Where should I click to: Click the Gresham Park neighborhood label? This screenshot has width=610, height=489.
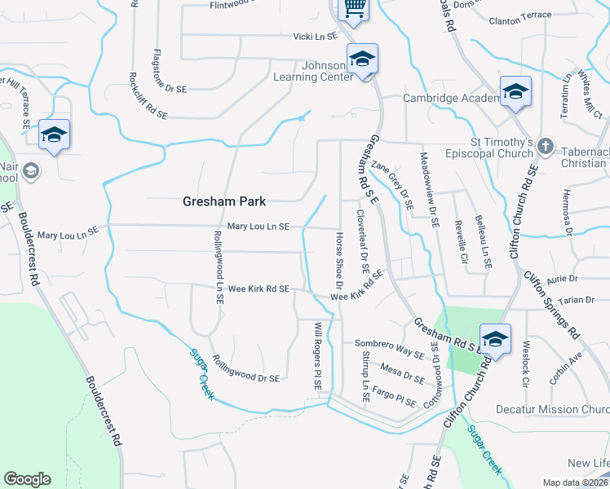(x=223, y=201)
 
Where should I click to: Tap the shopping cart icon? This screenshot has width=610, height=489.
(x=354, y=8)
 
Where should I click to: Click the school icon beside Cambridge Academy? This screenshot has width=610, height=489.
(x=515, y=92)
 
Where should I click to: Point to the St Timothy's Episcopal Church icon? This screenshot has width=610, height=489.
(x=546, y=148)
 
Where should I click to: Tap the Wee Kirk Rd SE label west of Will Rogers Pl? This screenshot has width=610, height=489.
(x=259, y=289)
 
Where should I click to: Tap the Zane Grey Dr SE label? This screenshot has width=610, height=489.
(x=388, y=180)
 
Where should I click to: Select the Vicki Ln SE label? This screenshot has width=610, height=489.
(x=316, y=37)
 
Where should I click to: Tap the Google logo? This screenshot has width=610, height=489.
(x=27, y=479)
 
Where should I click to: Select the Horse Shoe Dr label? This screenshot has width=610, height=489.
(x=338, y=262)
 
